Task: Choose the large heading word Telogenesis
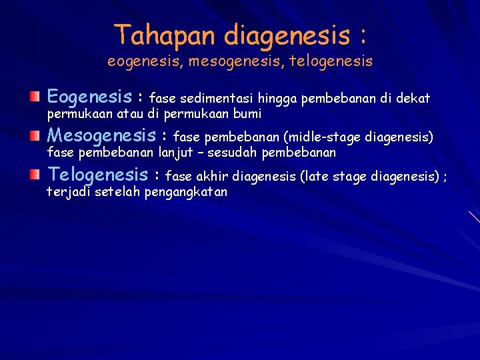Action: pos(98,175)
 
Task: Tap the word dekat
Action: pos(415,99)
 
